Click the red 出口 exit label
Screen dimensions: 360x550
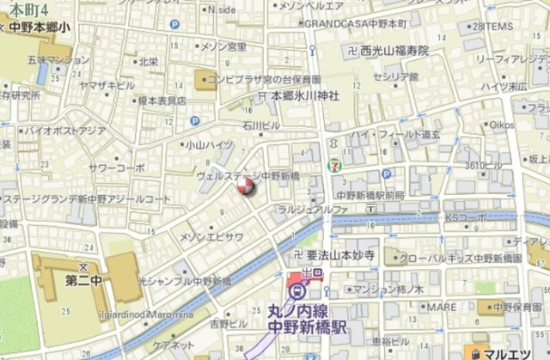click(312, 272)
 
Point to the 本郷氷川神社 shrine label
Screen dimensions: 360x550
click(305, 97)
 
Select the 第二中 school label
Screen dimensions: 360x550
click(84, 278)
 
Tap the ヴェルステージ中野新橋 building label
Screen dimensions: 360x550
click(247, 174)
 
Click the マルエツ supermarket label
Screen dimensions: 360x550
click(510, 351)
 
